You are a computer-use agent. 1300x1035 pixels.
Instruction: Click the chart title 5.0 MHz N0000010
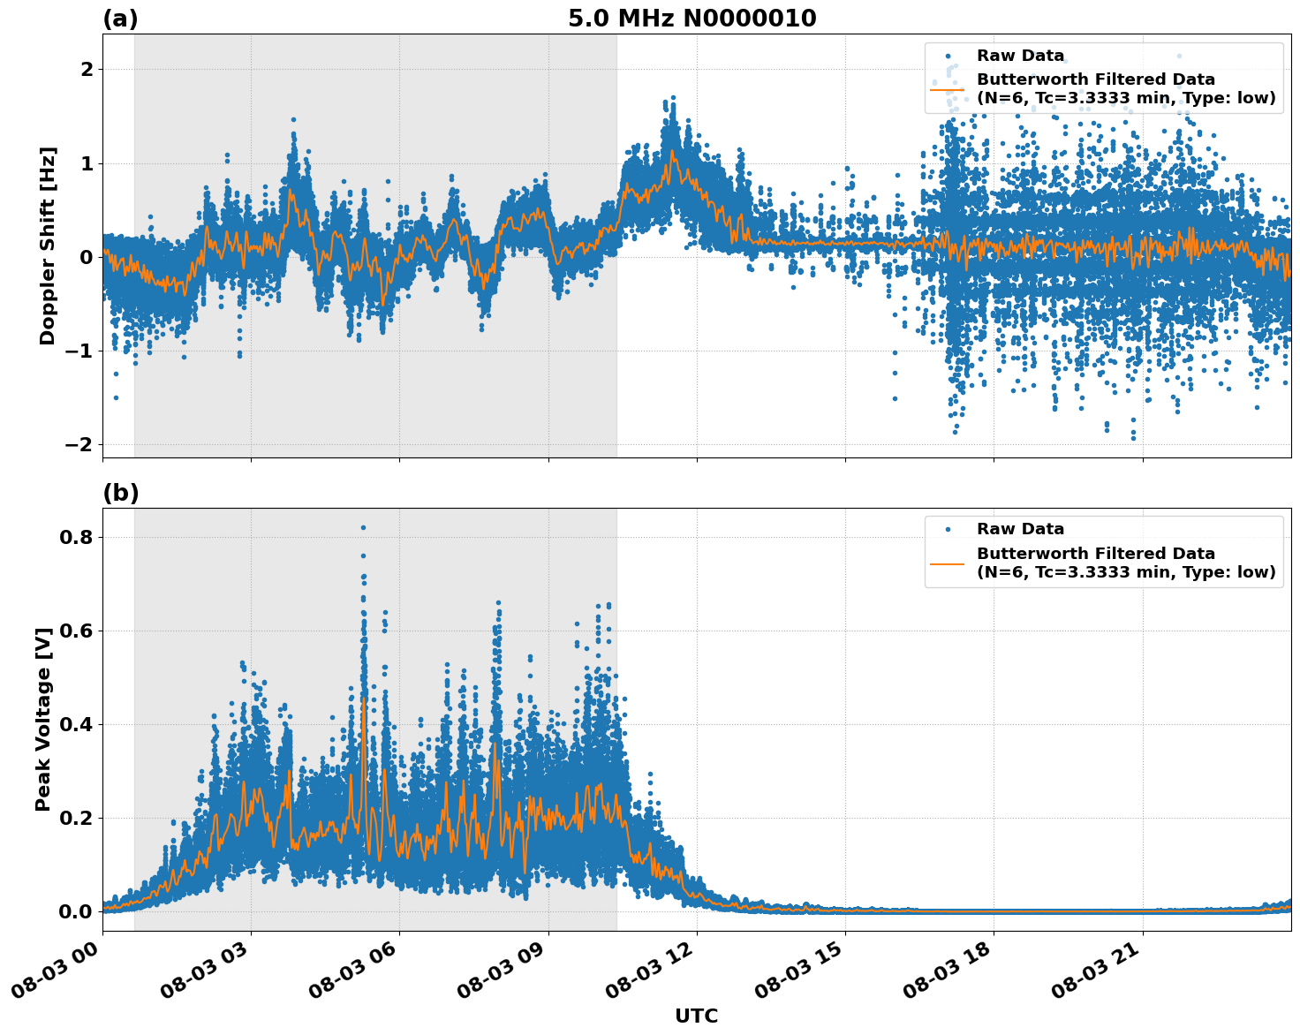[692, 19]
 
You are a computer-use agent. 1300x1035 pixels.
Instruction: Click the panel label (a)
[120, 19]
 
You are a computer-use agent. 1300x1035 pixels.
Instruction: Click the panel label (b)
[120, 493]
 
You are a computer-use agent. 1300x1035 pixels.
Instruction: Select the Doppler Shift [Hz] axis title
[48, 246]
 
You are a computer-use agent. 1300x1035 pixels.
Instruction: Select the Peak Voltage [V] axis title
[43, 719]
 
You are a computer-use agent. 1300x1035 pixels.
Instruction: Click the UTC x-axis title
[696, 1016]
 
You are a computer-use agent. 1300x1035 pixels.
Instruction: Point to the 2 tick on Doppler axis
[87, 69]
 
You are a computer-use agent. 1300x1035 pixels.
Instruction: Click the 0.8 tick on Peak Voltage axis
[76, 537]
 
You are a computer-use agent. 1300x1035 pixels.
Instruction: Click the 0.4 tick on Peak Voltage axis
[76, 724]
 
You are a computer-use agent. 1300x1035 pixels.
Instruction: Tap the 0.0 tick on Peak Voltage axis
[76, 911]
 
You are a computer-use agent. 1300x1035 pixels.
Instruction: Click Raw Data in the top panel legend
[1020, 56]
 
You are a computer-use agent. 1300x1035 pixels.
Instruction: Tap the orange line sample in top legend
[947, 88]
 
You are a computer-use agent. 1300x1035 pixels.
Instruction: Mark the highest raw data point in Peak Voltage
[363, 527]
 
